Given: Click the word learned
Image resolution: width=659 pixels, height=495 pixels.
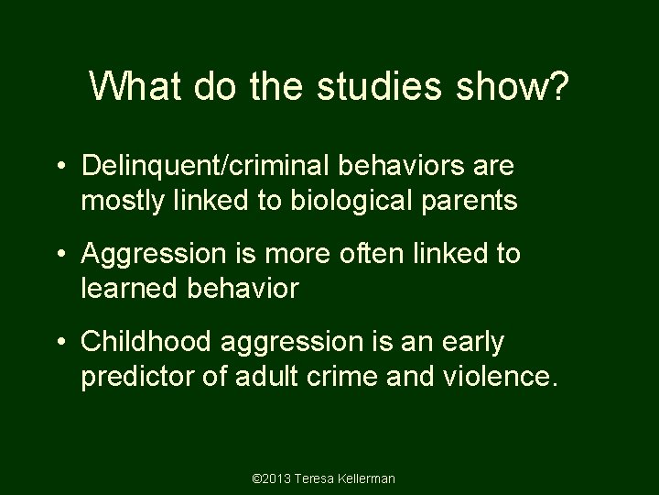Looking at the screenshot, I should tap(129, 289).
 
